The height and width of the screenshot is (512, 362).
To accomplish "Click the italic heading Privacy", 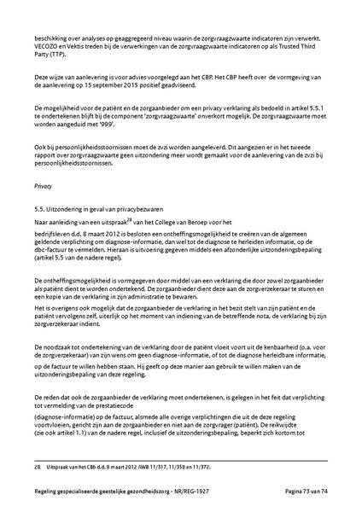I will coord(43,184).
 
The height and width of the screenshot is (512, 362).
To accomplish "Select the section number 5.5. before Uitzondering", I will coord(40,208).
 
